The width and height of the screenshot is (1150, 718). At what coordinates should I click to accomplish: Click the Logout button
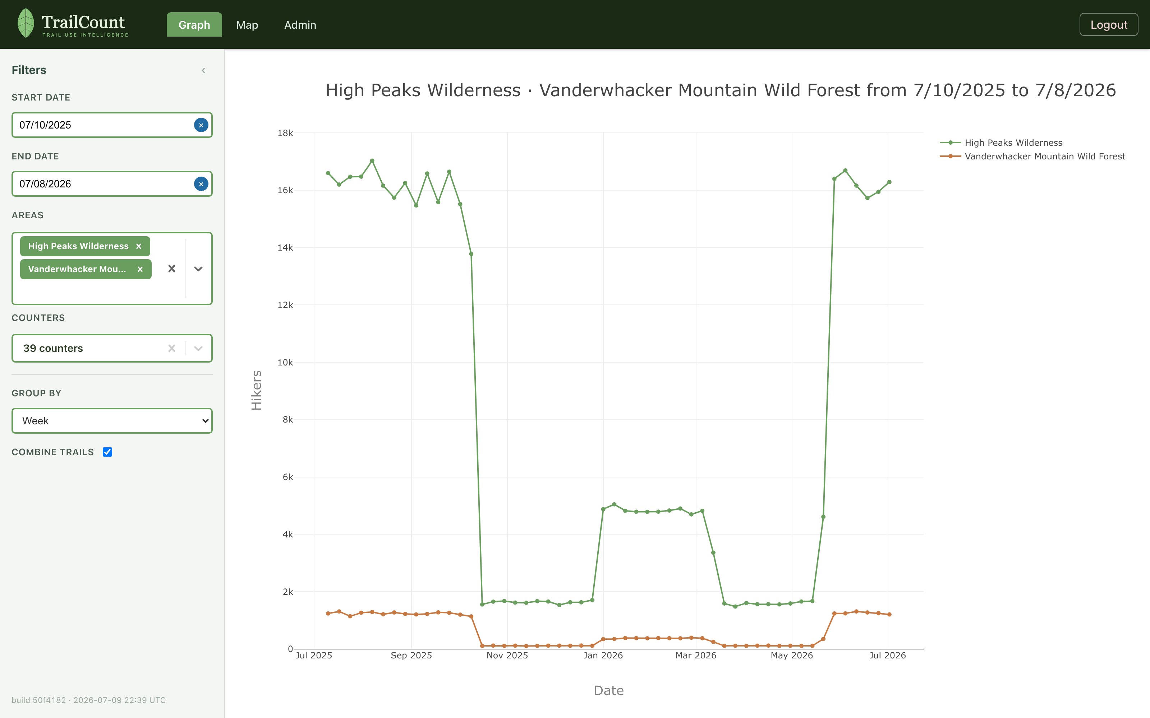(1108, 25)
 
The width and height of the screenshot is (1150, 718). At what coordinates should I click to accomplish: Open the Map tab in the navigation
(247, 25)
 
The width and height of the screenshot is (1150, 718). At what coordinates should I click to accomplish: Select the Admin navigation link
(300, 25)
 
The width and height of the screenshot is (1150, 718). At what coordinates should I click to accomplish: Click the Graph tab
(194, 25)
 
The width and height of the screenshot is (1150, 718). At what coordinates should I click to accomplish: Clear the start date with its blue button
(201, 125)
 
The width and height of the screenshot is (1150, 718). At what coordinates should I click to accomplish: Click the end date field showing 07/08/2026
(102, 184)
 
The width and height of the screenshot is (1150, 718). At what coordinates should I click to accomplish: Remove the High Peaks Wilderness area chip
(139, 246)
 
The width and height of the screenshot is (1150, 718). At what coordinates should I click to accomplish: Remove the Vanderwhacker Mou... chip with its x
(140, 269)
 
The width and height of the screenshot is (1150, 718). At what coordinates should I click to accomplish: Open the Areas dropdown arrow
(198, 269)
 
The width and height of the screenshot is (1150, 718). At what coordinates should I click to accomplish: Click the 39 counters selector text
(53, 348)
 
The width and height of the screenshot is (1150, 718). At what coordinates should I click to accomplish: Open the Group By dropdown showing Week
(112, 421)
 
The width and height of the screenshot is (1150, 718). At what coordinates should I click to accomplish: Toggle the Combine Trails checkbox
(107, 452)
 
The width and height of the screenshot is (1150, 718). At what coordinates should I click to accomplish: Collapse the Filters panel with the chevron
(203, 70)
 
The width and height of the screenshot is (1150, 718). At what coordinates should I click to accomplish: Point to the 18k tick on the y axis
(285, 133)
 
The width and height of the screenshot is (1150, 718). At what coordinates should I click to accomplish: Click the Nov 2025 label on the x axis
(507, 655)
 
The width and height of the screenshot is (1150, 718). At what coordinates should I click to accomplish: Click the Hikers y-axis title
(257, 390)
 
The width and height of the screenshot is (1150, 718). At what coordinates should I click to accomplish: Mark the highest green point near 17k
(372, 161)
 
